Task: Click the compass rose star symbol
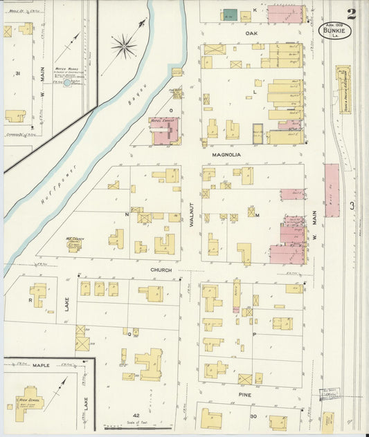point(124,47)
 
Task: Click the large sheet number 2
point(352,14)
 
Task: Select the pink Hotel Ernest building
point(164,130)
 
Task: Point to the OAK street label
point(251,32)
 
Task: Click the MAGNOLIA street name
point(226,155)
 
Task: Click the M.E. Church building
point(74,244)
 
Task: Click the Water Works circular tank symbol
point(68,82)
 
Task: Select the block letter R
point(30,301)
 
